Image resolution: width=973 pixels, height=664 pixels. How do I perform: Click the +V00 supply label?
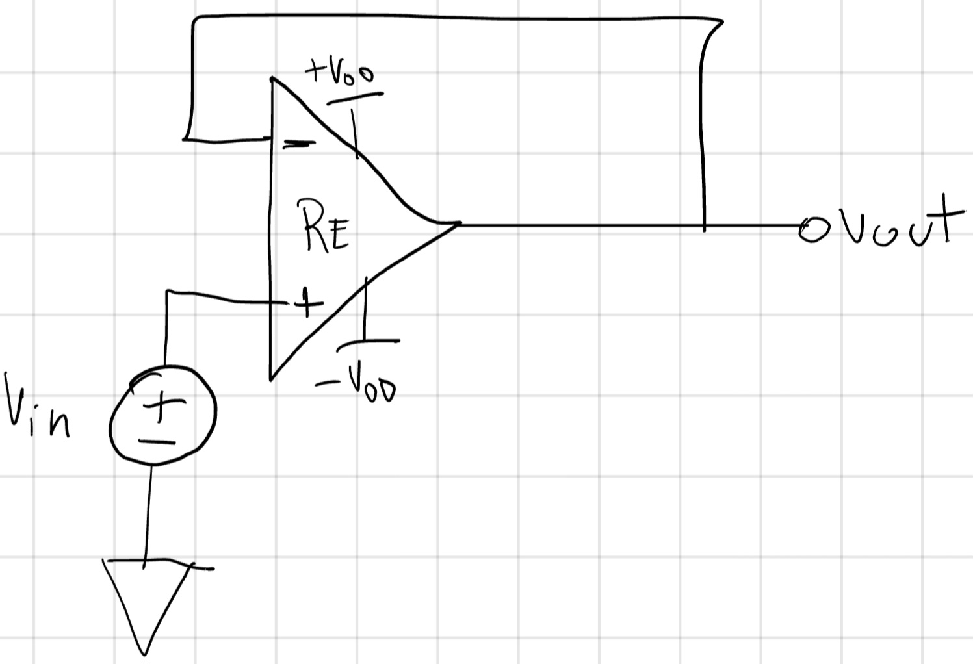click(x=339, y=73)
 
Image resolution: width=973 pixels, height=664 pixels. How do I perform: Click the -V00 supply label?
click(x=357, y=386)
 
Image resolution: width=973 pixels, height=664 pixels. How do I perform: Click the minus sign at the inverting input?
click(x=297, y=144)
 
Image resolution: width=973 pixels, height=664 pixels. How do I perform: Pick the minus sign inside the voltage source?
click(x=157, y=442)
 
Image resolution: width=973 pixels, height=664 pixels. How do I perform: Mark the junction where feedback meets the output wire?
click(x=704, y=226)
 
